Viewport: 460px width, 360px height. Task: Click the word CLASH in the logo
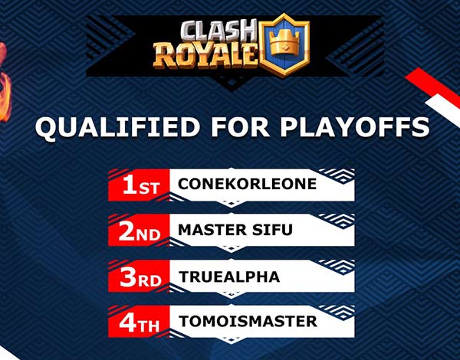[x=219, y=31]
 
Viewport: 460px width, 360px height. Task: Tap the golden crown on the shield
[x=284, y=44]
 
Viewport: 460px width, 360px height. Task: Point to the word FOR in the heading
[x=240, y=127]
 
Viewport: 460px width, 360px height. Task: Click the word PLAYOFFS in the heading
[x=354, y=127]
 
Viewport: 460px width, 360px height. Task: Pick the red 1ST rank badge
[x=139, y=185]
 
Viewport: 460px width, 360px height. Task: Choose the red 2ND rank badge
[x=139, y=231]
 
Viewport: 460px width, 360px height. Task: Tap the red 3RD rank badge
[x=139, y=277]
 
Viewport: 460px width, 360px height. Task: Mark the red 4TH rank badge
[x=139, y=322]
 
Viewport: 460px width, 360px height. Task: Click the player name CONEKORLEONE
[x=247, y=184]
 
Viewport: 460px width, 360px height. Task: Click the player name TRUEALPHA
[x=229, y=277]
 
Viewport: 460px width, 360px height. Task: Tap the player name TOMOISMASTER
[x=248, y=321]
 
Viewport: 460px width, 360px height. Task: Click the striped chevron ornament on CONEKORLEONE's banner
[x=337, y=175]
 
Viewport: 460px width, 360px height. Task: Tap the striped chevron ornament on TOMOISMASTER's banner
[x=337, y=312]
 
